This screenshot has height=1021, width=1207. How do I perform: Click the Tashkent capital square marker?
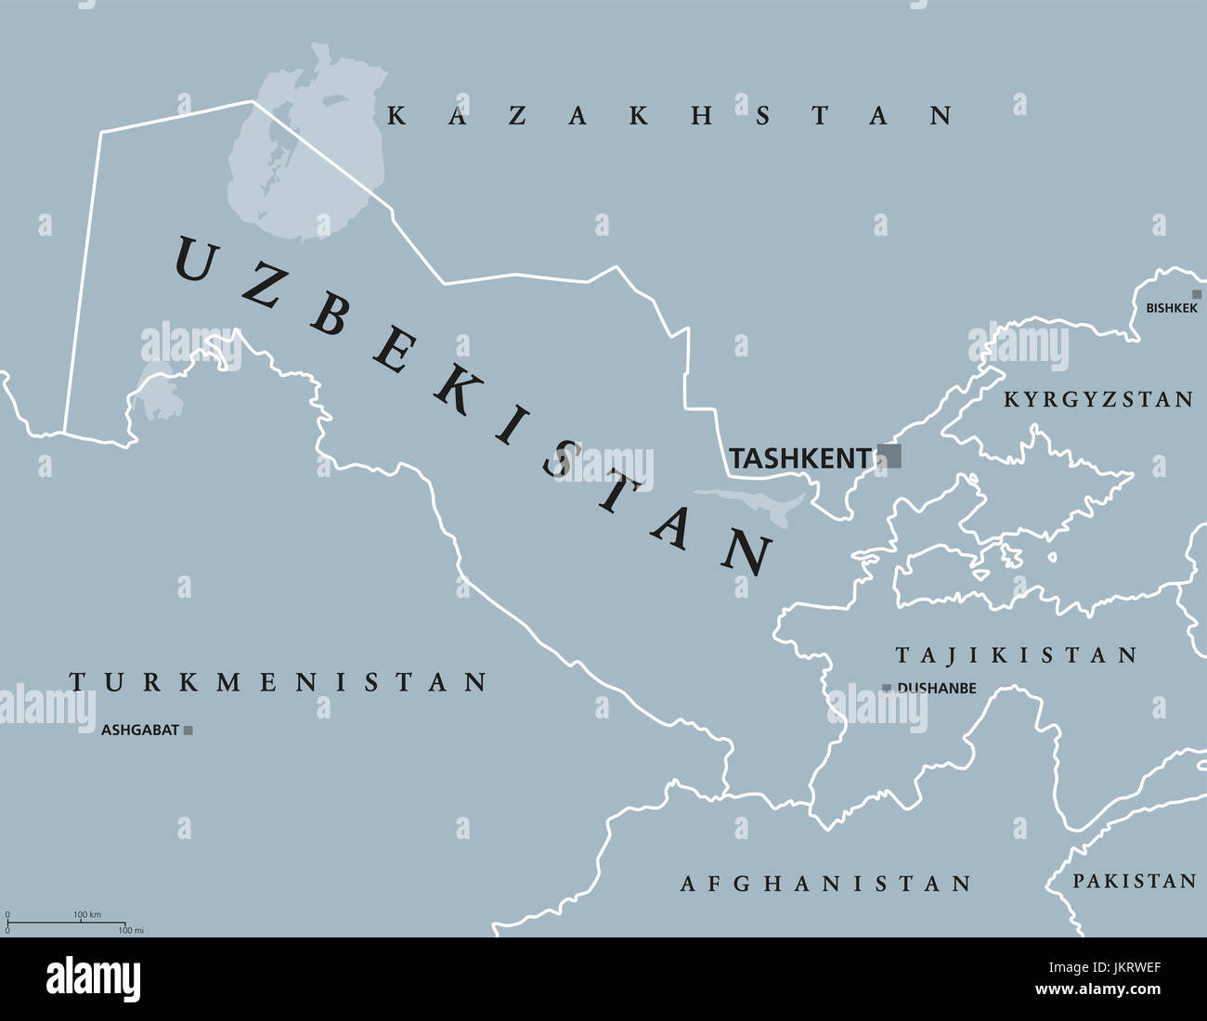point(889,456)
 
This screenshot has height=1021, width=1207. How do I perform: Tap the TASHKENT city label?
point(799,458)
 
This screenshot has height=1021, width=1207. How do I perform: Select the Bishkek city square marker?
point(1197,294)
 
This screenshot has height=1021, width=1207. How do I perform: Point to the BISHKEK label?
point(1171,308)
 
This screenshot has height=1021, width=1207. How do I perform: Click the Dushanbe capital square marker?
point(887,688)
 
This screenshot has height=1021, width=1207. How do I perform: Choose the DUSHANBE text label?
point(936,689)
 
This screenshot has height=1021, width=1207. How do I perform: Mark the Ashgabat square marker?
point(188,730)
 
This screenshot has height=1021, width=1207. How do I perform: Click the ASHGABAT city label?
point(139,730)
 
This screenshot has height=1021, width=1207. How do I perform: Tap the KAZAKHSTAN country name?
point(669,116)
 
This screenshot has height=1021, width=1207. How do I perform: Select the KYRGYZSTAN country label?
point(1098,400)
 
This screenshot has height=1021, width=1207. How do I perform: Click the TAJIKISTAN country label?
point(1016,655)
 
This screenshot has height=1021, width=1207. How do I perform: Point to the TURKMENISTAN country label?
point(279,683)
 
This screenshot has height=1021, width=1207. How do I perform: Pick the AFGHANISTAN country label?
point(825,884)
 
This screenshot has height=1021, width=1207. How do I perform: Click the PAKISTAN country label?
point(1134,881)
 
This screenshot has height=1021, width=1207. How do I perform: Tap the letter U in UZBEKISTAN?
point(195,260)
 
